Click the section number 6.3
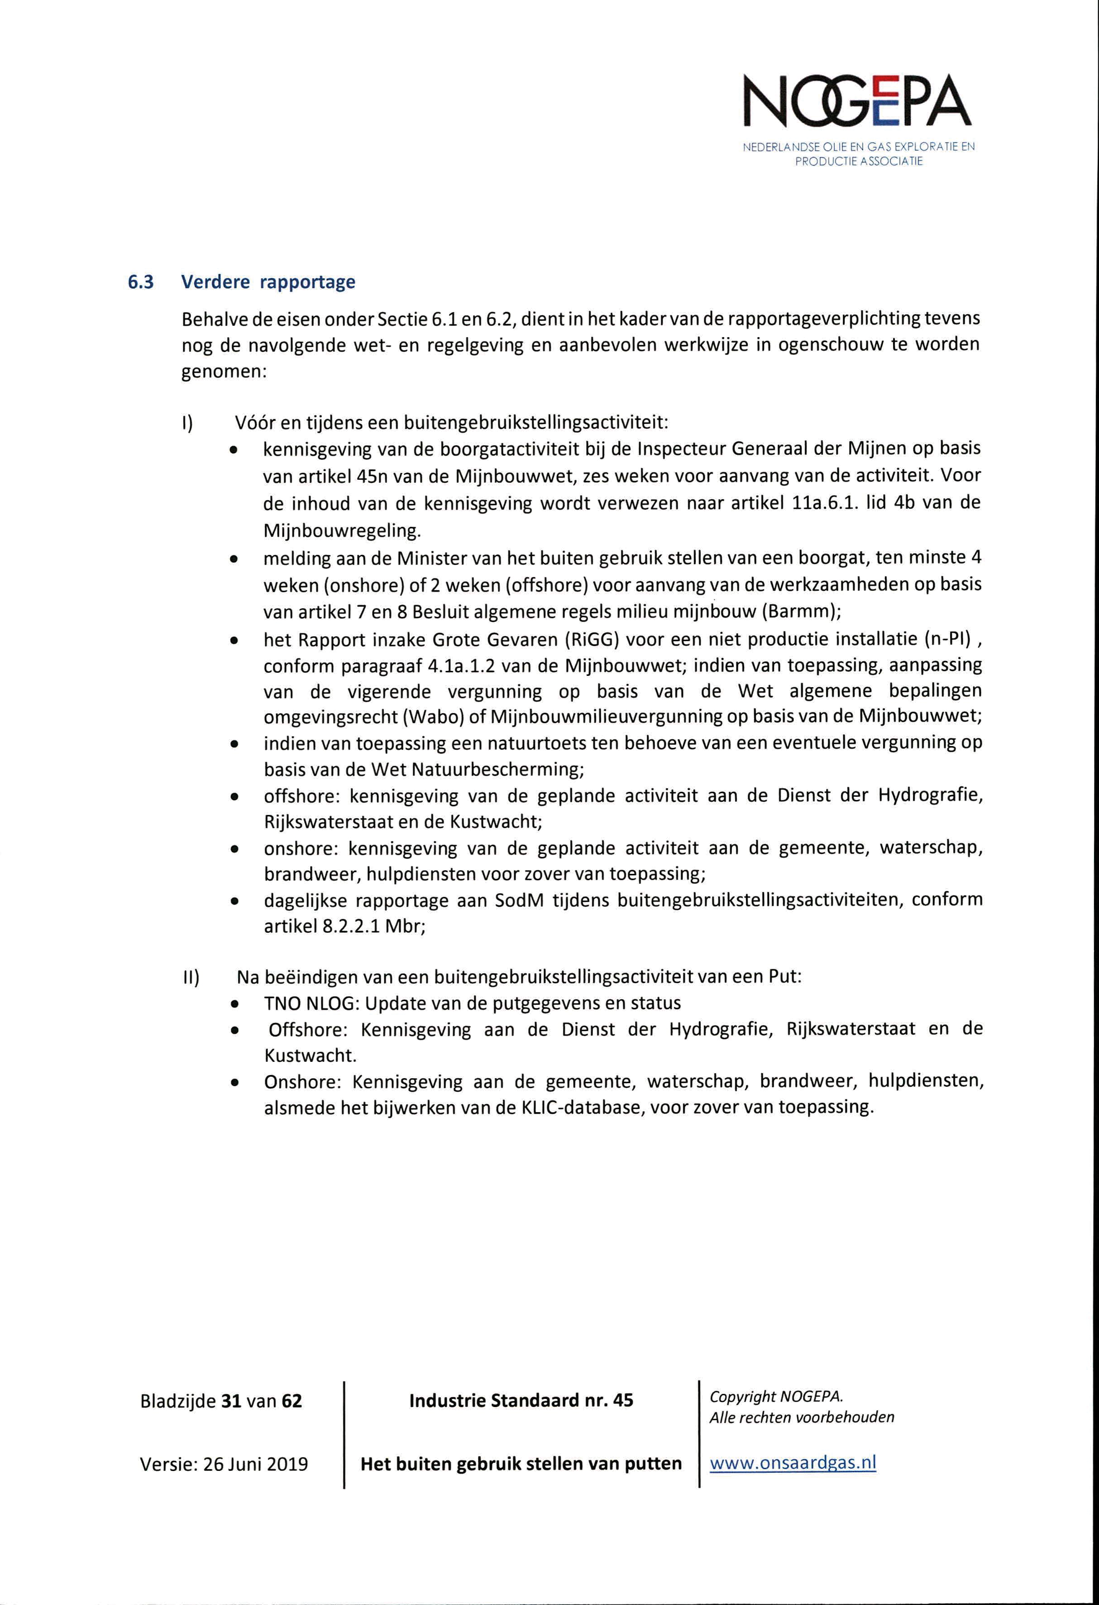coord(140,282)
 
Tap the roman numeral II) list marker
coord(190,978)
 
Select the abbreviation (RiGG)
coord(587,639)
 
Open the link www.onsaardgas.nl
coord(793,1462)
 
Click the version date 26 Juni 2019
coord(256,1464)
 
